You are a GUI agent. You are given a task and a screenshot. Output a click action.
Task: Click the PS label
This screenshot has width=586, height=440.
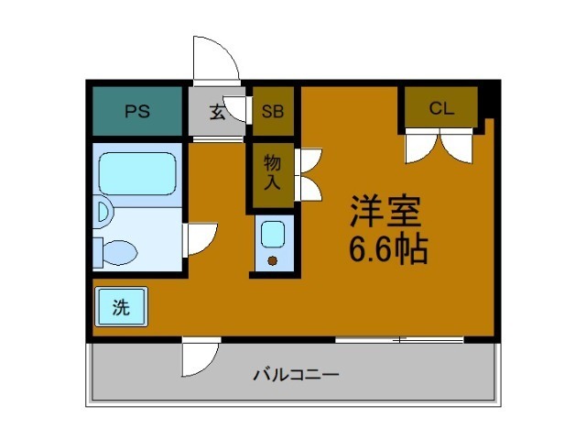(x=137, y=113)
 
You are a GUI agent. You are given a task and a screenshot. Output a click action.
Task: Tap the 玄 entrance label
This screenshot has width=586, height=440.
(x=217, y=113)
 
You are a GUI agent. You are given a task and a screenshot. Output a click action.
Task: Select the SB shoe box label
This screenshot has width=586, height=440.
(x=273, y=113)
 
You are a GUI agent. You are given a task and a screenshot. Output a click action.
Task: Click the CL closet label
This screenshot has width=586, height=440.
(x=441, y=108)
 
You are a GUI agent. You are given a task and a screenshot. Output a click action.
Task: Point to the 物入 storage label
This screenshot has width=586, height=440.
(x=273, y=172)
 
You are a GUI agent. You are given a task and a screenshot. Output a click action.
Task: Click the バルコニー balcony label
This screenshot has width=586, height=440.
(x=296, y=375)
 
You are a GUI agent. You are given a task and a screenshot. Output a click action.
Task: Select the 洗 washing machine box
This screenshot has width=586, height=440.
(x=121, y=308)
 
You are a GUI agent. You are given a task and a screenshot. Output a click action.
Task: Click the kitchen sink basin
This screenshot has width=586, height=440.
(x=273, y=235)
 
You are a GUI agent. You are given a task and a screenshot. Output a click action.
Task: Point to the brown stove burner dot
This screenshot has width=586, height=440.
(x=273, y=260)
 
